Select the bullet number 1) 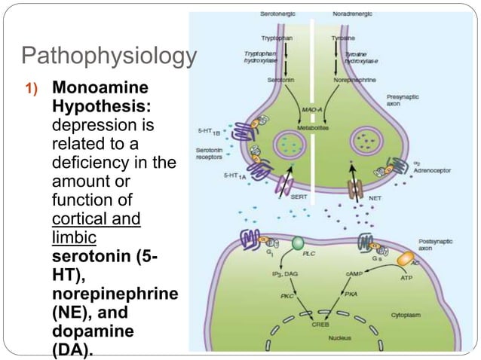point(31,88)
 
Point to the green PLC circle point(298,244)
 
